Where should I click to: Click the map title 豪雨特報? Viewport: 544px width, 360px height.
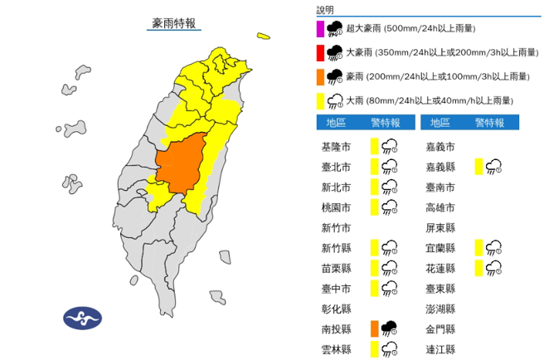(174, 24)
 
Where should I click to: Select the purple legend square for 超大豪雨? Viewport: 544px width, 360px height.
(319, 30)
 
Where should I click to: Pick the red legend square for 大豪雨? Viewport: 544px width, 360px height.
(319, 54)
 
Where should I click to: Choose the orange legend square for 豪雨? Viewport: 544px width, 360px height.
(319, 78)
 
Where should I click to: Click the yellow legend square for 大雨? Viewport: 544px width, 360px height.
(319, 101)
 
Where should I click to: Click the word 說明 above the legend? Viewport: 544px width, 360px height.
(326, 10)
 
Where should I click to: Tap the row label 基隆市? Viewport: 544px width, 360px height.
(336, 147)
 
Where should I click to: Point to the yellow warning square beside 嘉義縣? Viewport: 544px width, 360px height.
(479, 167)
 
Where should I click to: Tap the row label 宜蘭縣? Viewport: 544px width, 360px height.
(440, 248)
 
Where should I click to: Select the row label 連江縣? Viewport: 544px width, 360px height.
(440, 349)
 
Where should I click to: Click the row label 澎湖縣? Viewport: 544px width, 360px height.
(440, 309)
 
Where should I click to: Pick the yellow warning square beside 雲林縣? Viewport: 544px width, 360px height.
(376, 349)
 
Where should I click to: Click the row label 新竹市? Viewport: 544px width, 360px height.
(336, 228)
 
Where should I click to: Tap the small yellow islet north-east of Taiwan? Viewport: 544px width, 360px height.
(265, 36)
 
